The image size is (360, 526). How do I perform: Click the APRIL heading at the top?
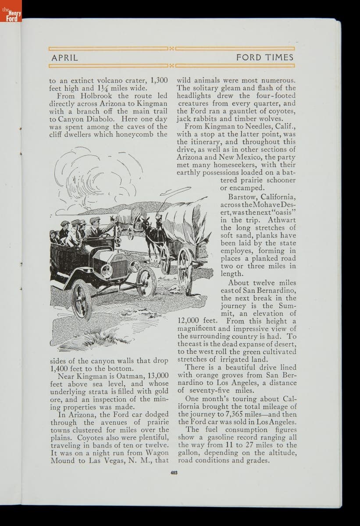click(65, 57)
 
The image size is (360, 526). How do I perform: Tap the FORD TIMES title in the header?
click(265, 57)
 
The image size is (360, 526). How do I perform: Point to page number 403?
click(174, 473)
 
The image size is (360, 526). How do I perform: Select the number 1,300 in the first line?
click(159, 80)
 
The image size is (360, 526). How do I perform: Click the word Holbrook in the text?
click(96, 96)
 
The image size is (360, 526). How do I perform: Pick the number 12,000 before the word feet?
click(190, 321)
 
